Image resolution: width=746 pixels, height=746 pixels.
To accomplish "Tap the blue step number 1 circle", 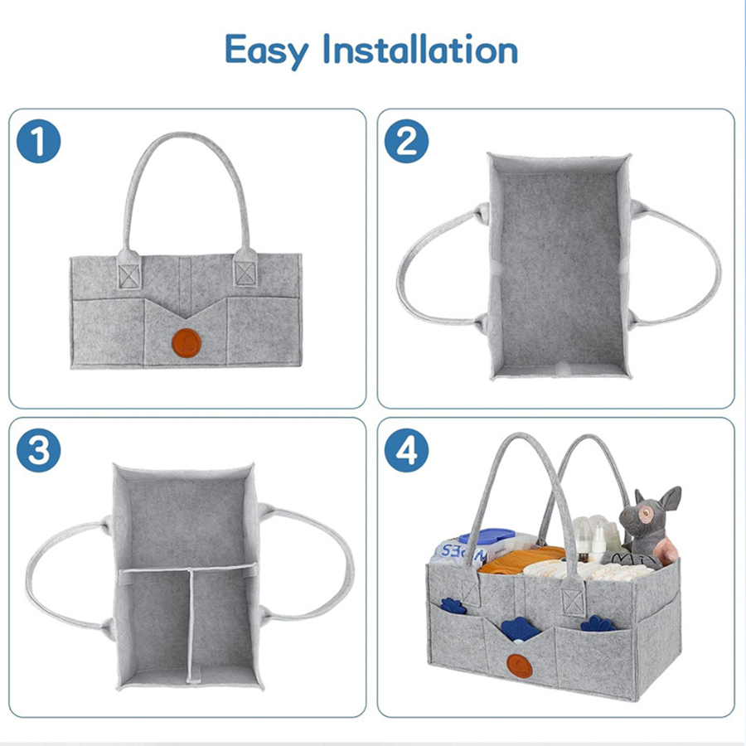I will pyautogui.click(x=39, y=142).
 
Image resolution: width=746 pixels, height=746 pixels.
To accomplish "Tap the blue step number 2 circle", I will pyautogui.click(x=407, y=142).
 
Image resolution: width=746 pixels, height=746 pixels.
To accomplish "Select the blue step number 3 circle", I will pyautogui.click(x=39, y=451).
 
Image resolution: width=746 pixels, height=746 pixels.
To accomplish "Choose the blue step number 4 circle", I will pyautogui.click(x=407, y=451).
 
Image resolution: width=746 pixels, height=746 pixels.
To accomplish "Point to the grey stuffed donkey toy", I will pyautogui.click(x=653, y=522).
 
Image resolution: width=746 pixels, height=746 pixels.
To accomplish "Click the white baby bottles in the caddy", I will pyautogui.click(x=594, y=539).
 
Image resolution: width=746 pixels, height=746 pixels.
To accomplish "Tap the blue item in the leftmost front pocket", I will pyautogui.click(x=452, y=605).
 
